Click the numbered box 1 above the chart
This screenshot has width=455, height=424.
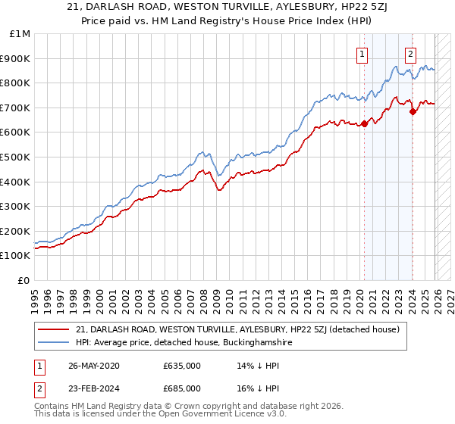click(362, 54)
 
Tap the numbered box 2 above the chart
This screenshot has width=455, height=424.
click(410, 54)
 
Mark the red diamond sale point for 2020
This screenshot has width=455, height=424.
click(364, 124)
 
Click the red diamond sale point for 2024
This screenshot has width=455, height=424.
click(413, 112)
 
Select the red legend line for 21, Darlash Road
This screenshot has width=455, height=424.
click(54, 329)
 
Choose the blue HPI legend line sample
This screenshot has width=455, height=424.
click(54, 342)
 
